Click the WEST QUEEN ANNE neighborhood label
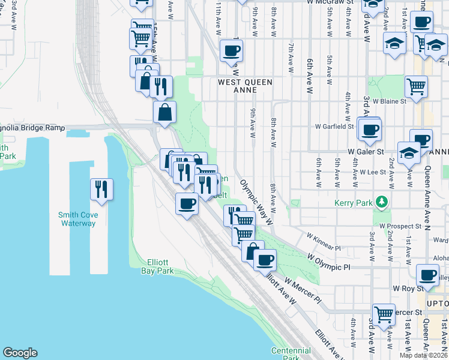pyautogui.click(x=245, y=86)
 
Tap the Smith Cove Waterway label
pyautogui.click(x=77, y=219)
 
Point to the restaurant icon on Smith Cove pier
pyautogui.click(x=101, y=190)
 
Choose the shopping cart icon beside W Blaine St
pyautogui.click(x=415, y=86)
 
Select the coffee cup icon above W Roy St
pyautogui.click(x=427, y=275)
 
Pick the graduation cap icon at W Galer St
pyautogui.click(x=409, y=152)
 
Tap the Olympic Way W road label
pyautogui.click(x=256, y=201)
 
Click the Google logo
pyautogui.click(x=20, y=353)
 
